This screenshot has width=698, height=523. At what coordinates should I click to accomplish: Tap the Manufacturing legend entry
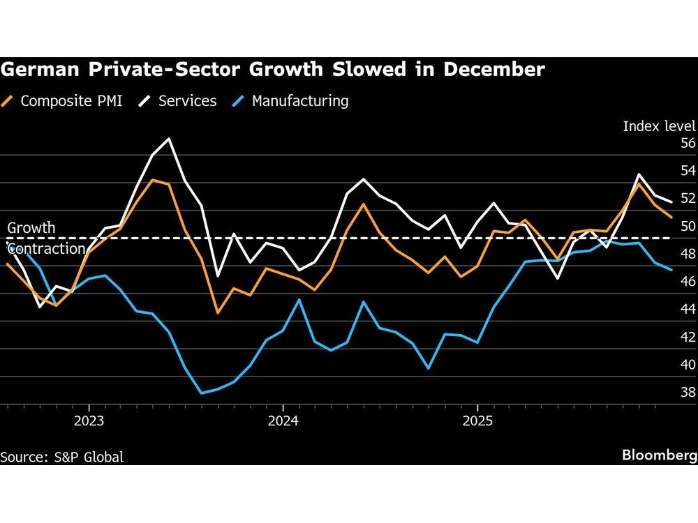(x=299, y=101)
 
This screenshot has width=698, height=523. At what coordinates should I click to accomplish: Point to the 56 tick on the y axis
(x=688, y=144)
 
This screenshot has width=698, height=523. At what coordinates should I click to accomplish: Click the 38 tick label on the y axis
(x=688, y=393)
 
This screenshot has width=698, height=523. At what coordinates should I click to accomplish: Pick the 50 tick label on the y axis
(x=688, y=227)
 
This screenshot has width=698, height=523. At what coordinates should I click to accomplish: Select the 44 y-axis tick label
(x=688, y=310)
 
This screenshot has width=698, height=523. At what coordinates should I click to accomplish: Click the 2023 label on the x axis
(x=89, y=421)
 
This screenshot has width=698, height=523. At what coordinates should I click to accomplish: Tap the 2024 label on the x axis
(x=283, y=421)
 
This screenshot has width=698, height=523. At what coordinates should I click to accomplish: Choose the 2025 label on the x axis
(x=477, y=421)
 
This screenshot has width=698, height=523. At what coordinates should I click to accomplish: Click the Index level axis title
(x=659, y=126)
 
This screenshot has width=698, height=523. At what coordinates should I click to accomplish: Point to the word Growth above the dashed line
(x=31, y=228)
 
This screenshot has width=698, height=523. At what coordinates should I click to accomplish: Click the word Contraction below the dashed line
(x=46, y=249)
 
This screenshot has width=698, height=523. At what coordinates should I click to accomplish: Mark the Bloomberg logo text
(x=659, y=455)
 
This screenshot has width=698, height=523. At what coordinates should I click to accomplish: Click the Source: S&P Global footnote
(x=62, y=457)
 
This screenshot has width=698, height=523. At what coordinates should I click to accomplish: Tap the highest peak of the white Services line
(x=169, y=139)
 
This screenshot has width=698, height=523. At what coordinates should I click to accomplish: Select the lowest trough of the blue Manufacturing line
(x=202, y=393)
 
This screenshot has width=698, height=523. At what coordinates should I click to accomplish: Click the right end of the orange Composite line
(x=671, y=218)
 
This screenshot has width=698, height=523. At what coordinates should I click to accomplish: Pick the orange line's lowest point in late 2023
(x=218, y=313)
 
